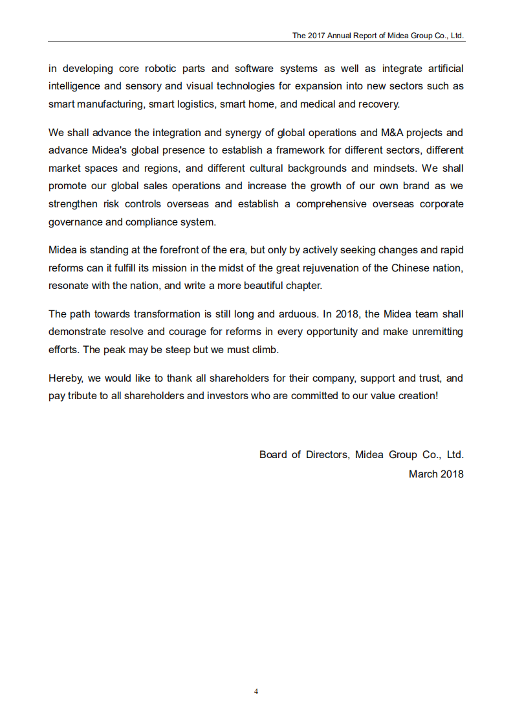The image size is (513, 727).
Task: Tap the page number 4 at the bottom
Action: [x=256, y=691]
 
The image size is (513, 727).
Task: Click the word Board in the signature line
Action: [x=273, y=455]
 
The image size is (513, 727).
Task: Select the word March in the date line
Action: [x=423, y=474]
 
